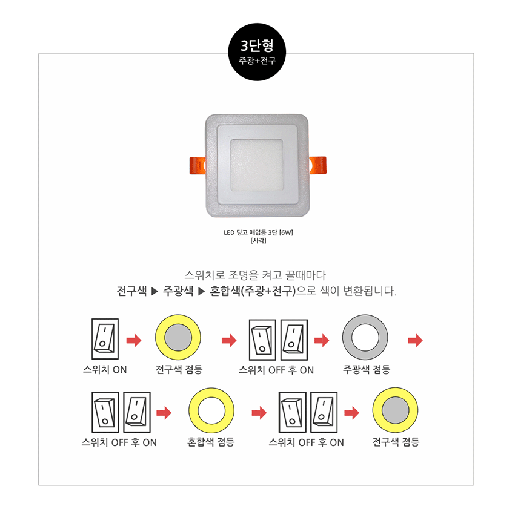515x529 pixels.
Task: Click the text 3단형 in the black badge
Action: (257, 45)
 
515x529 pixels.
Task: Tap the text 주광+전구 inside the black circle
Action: (257, 61)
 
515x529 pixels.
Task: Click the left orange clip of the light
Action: (198, 166)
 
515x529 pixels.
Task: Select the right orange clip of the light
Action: (318, 165)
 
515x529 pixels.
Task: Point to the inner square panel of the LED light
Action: (257, 165)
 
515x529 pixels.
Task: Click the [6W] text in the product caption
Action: (286, 232)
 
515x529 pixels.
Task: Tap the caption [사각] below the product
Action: (258, 240)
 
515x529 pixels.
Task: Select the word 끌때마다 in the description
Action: (305, 275)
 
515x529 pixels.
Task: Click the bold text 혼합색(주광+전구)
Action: (253, 291)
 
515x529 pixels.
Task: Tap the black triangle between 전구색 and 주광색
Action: (154, 291)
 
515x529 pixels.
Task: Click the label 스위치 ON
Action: (105, 370)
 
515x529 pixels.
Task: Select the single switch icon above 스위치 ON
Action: (105, 339)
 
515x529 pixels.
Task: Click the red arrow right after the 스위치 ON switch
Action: (134, 340)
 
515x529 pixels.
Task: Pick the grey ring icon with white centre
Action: (365, 337)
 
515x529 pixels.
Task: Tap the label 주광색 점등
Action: (367, 369)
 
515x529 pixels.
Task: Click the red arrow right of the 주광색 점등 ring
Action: (416, 340)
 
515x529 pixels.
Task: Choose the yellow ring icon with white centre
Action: (211, 410)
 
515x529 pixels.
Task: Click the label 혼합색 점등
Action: (211, 442)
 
